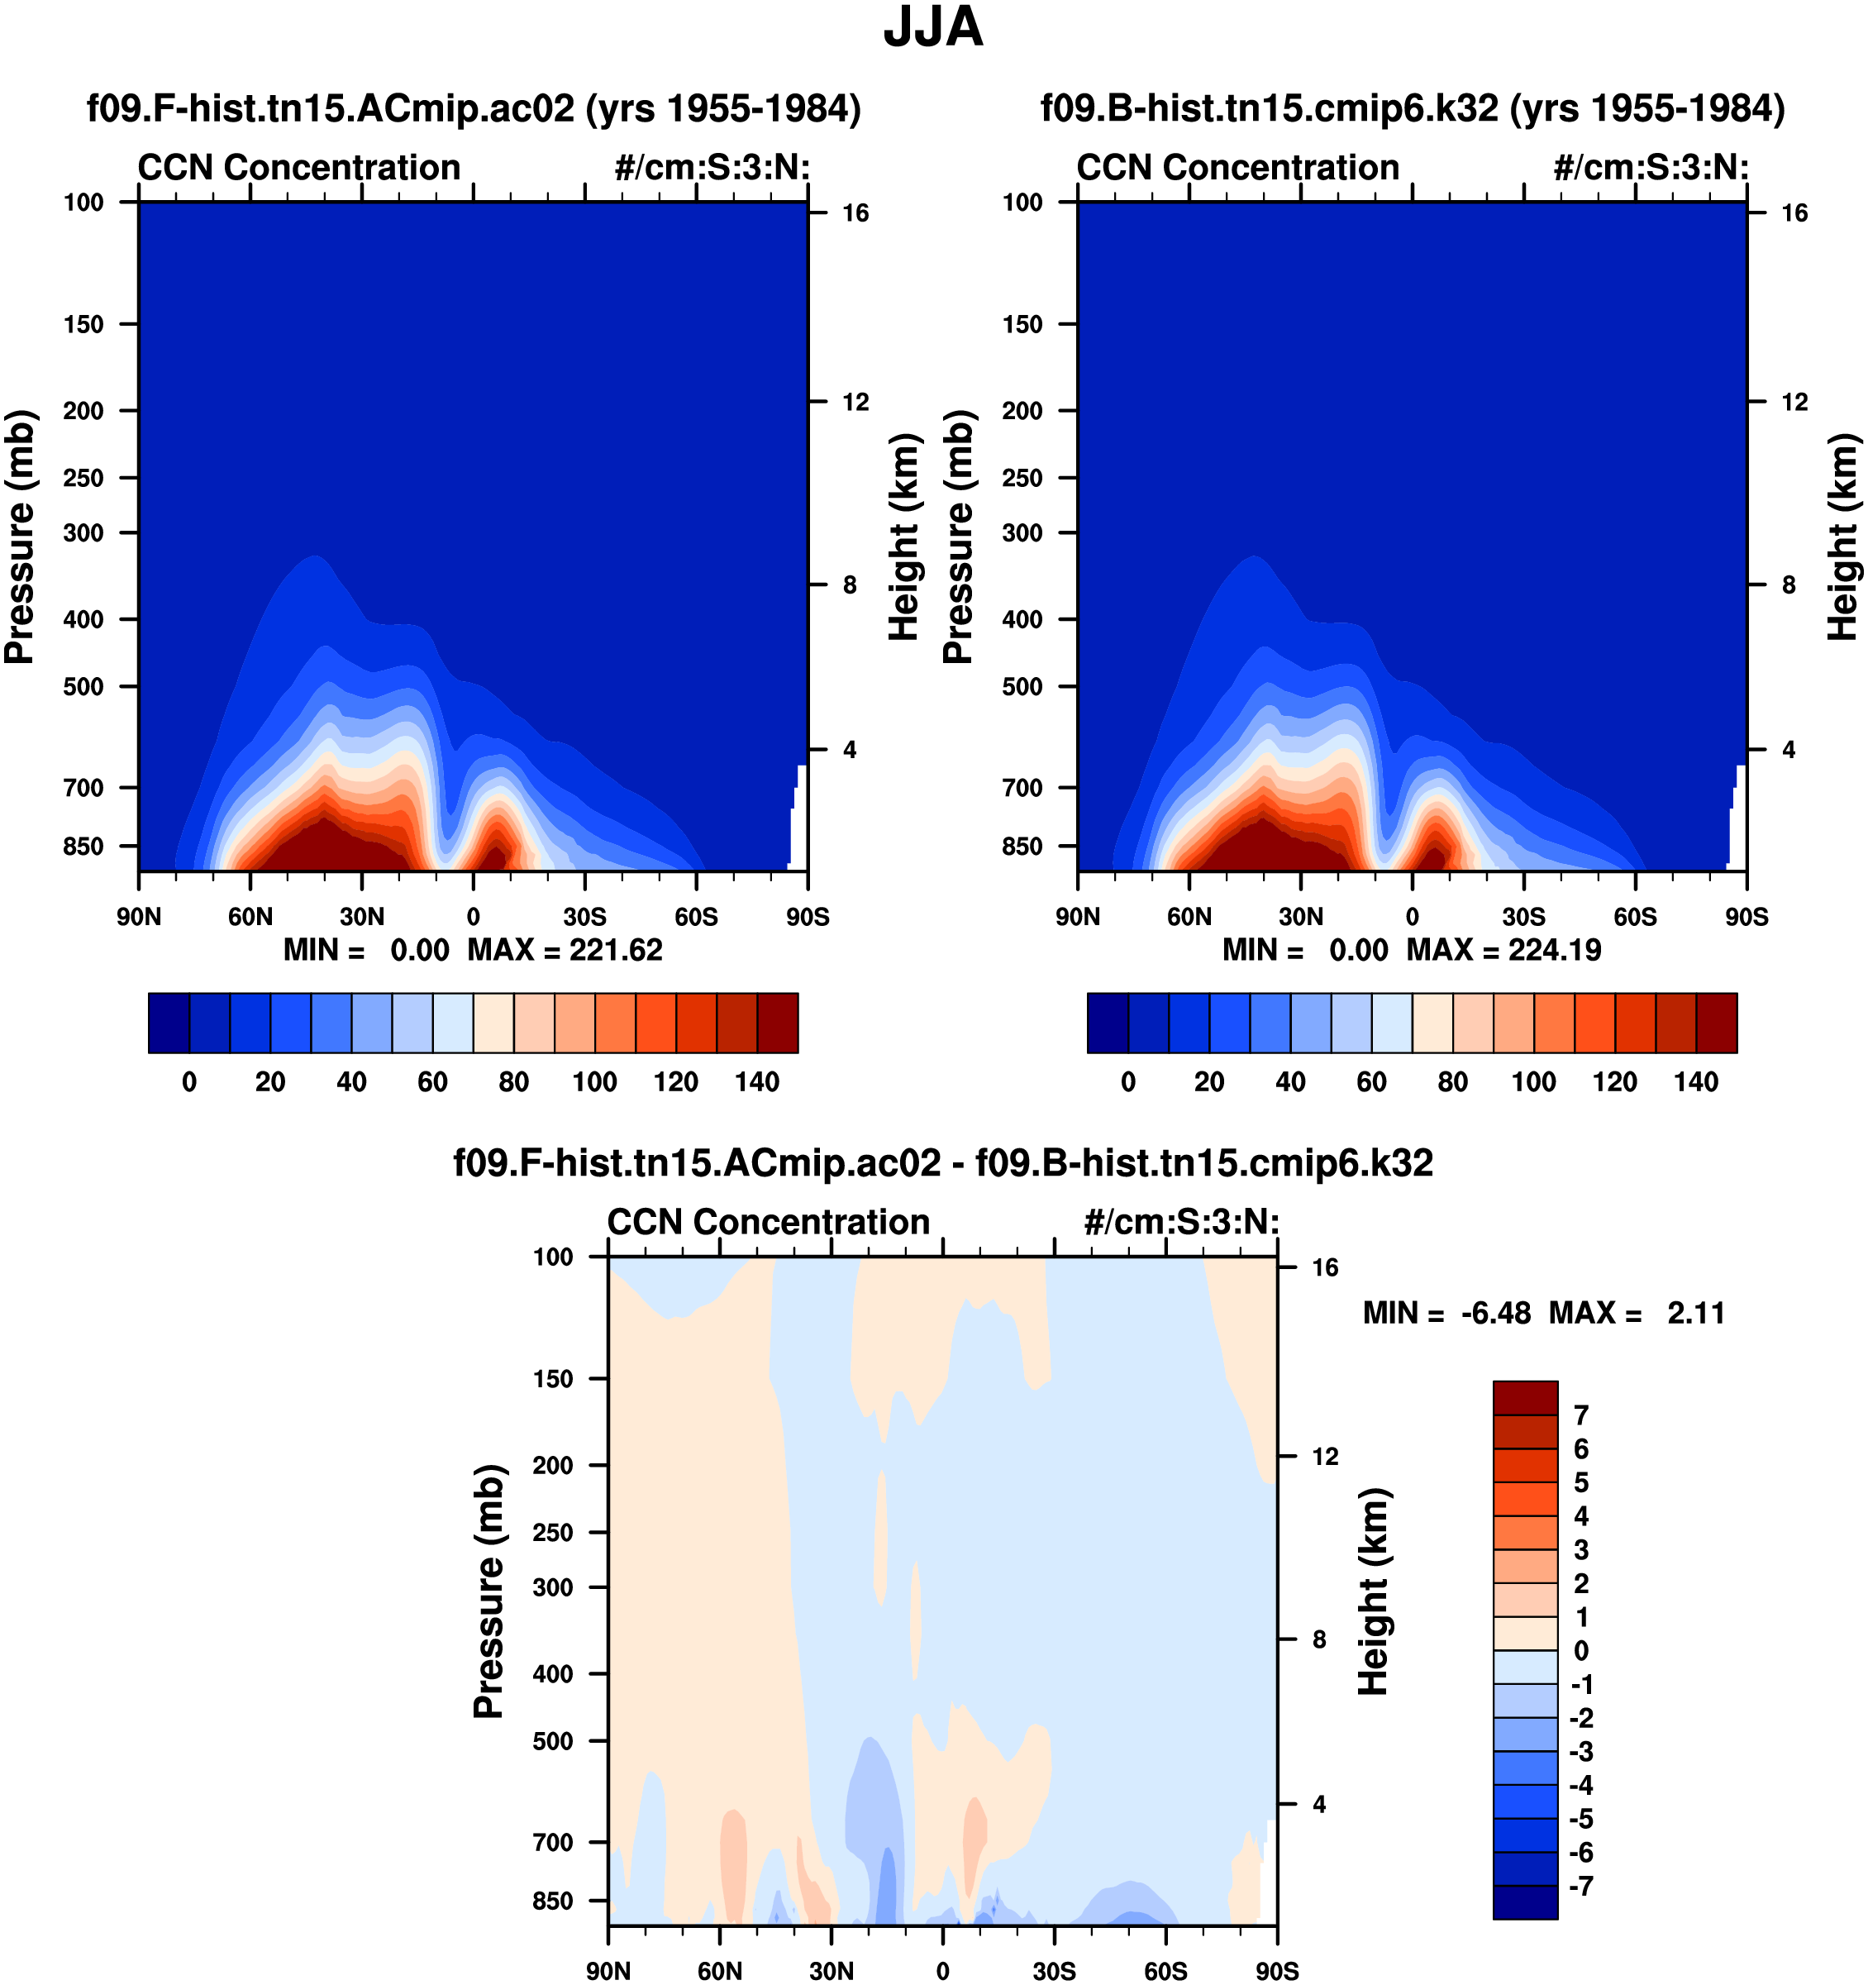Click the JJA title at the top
[x=932, y=28]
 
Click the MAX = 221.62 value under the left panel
[x=565, y=950]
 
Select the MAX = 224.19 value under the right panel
[x=1503, y=950]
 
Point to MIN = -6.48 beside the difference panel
[x=1446, y=1313]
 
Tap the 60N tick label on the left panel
[x=250, y=917]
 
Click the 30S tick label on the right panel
[x=1523, y=917]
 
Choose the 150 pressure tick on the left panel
[x=83, y=325]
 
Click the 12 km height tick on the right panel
[x=1794, y=403]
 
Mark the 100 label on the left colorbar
[x=594, y=1081]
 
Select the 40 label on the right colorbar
[x=1290, y=1081]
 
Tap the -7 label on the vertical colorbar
[x=1581, y=1886]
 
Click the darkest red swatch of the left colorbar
[x=778, y=1023]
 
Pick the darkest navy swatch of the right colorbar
[x=1108, y=1023]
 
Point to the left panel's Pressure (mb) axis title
[x=20, y=537]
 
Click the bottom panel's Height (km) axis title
[x=1374, y=1591]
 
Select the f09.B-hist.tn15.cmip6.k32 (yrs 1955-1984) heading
[x=1413, y=107]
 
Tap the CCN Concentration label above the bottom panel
[x=768, y=1222]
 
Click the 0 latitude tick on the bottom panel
[x=942, y=1971]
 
